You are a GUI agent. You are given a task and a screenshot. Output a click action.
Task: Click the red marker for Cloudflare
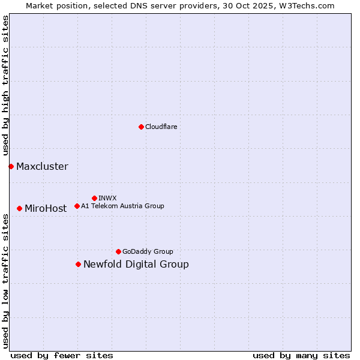pyautogui.click(x=141, y=127)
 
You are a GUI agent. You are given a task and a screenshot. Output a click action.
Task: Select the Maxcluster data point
pyautogui.click(x=11, y=166)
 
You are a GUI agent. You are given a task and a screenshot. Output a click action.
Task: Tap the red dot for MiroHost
pyautogui.click(x=20, y=208)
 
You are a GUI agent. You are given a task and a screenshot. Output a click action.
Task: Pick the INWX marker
pyautogui.click(x=94, y=198)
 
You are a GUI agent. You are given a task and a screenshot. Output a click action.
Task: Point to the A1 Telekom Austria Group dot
pyautogui.click(x=77, y=206)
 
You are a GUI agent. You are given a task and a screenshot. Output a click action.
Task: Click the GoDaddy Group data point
pyautogui.click(x=118, y=251)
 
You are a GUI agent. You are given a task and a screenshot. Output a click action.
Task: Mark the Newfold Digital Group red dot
pyautogui.click(x=78, y=264)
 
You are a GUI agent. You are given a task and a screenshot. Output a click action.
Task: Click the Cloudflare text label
pyautogui.click(x=161, y=127)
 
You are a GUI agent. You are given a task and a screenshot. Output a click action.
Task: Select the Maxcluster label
pyautogui.click(x=42, y=167)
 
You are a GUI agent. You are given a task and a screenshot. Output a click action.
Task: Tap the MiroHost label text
pyautogui.click(x=46, y=209)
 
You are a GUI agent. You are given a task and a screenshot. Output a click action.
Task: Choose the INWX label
pyautogui.click(x=107, y=198)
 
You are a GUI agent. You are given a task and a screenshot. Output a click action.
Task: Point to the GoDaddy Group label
pyautogui.click(x=148, y=251)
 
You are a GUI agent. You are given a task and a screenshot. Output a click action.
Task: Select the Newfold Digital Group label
pyautogui.click(x=136, y=265)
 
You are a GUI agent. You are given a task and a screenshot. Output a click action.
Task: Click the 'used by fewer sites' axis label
pyautogui.click(x=62, y=355)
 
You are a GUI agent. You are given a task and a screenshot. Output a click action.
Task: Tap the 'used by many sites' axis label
pyautogui.click(x=301, y=355)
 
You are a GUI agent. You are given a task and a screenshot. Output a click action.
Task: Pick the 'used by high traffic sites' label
pyautogui.click(x=5, y=86)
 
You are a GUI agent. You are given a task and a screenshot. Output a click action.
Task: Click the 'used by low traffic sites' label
pyautogui.click(x=5, y=280)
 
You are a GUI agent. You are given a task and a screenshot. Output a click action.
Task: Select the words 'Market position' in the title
pyautogui.click(x=53, y=5)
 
